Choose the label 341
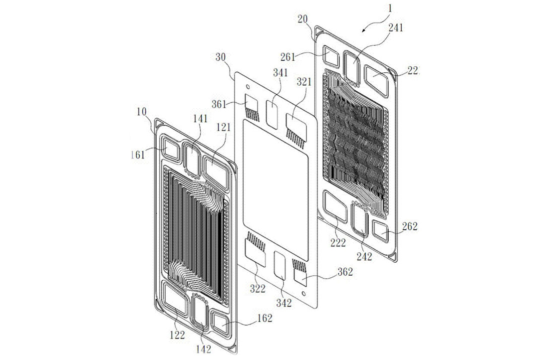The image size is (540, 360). pos(280,73)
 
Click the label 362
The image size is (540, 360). pos(345,272)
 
